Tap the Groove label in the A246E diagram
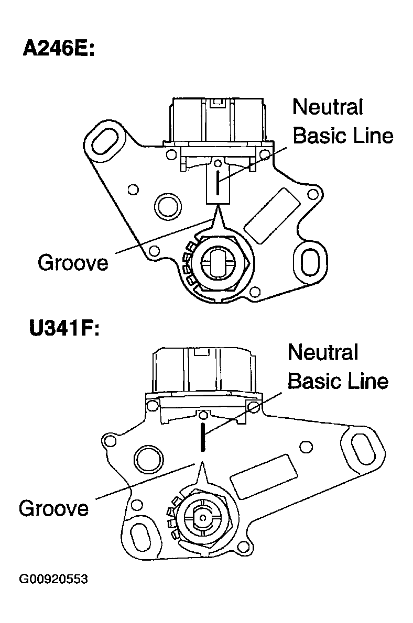coord(73,262)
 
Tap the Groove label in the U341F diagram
coord(53,508)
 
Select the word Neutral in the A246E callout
coord(328,107)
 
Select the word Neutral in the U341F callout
coord(323,352)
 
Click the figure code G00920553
coord(53,579)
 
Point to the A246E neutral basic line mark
coord(218,180)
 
